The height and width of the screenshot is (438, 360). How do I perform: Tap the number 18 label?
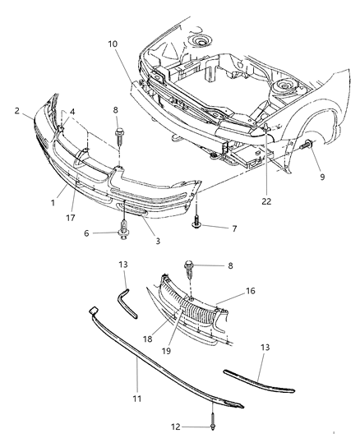[x=148, y=338]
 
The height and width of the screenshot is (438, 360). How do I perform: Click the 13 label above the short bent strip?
[x=123, y=265]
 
